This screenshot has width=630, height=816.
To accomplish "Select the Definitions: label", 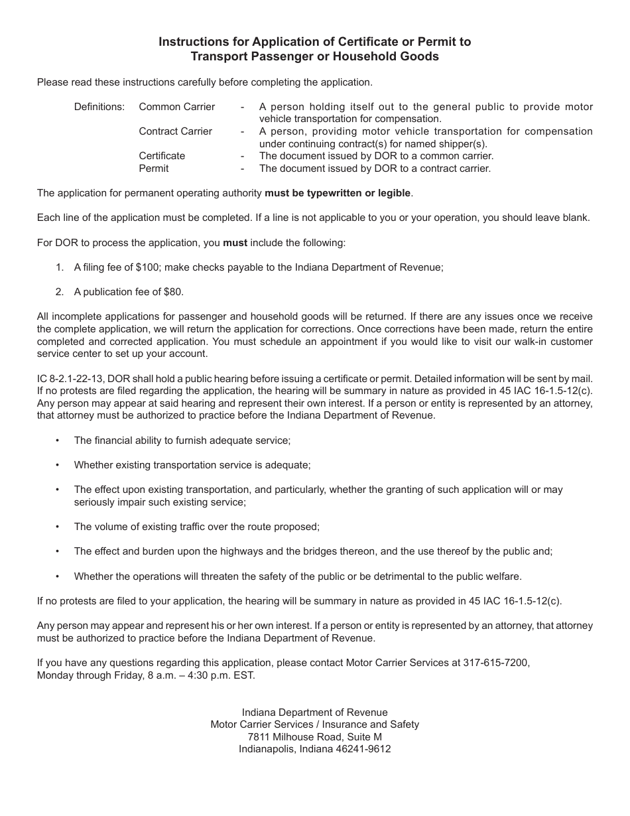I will click(x=99, y=107).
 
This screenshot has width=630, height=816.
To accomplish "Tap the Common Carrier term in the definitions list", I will click(x=177, y=107).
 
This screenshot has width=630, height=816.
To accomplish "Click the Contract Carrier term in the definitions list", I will click(x=176, y=131).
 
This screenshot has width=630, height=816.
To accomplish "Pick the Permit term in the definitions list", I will click(x=154, y=169).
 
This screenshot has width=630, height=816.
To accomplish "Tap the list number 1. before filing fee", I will click(x=60, y=267).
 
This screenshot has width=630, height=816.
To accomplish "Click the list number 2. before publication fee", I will click(x=60, y=292).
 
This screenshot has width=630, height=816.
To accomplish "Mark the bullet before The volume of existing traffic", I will click(x=58, y=527).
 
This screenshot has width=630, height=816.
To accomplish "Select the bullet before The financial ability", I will click(x=58, y=441).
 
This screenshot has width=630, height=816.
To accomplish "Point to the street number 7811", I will click(x=259, y=737).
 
